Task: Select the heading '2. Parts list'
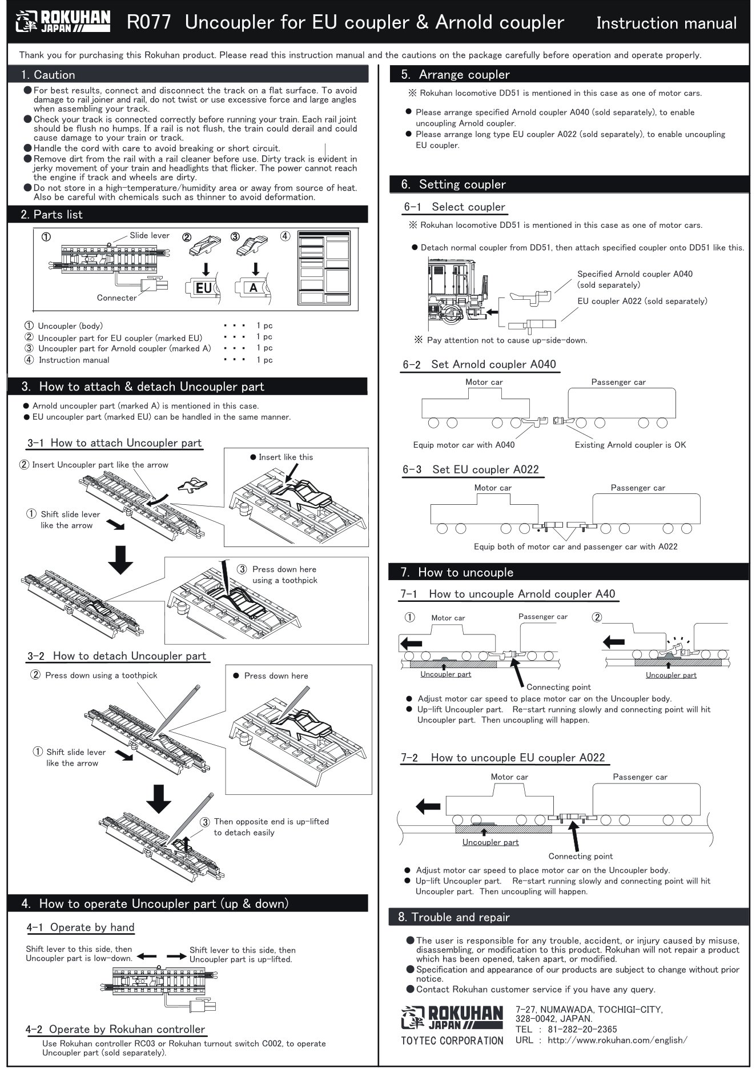(x=52, y=215)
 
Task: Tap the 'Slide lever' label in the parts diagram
(x=149, y=235)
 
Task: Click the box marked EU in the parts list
(x=203, y=288)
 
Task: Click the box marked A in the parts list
(x=253, y=288)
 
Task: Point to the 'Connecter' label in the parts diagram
(x=116, y=298)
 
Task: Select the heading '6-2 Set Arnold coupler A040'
(x=480, y=364)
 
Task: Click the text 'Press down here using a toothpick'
(x=284, y=574)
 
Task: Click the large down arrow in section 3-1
(x=120, y=559)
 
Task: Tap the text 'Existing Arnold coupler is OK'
(x=630, y=445)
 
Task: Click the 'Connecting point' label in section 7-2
(x=580, y=856)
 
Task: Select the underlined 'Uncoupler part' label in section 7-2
(x=490, y=842)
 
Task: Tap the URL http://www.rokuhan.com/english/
(x=617, y=1040)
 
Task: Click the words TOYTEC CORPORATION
(x=452, y=1040)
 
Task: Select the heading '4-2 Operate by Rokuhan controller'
(x=115, y=1029)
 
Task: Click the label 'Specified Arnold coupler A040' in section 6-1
(x=634, y=274)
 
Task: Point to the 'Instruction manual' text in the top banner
(x=666, y=23)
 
